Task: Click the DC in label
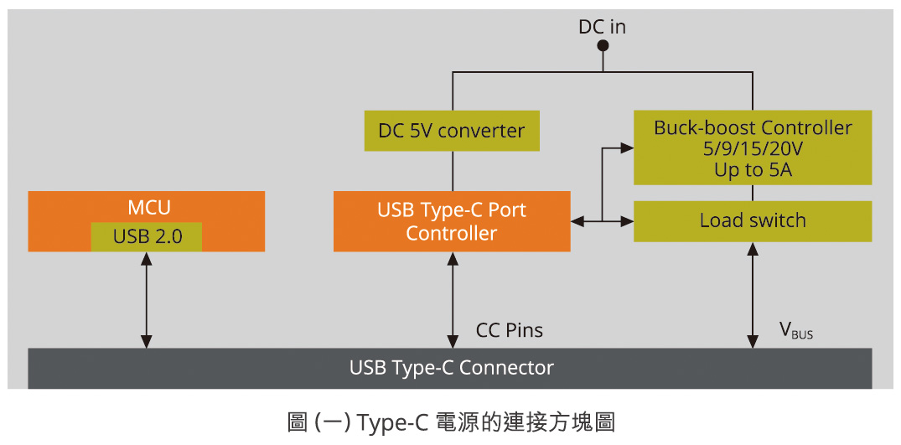click(602, 27)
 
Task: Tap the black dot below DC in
click(602, 47)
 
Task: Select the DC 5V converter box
click(451, 131)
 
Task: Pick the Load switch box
click(752, 221)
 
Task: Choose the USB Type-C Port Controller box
click(451, 221)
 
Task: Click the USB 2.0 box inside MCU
click(147, 236)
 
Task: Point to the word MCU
click(147, 206)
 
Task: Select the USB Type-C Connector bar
click(451, 368)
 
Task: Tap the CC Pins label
click(509, 330)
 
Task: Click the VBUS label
click(795, 331)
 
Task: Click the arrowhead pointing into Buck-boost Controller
click(627, 148)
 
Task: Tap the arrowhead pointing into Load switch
click(627, 221)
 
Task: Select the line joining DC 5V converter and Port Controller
click(453, 171)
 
